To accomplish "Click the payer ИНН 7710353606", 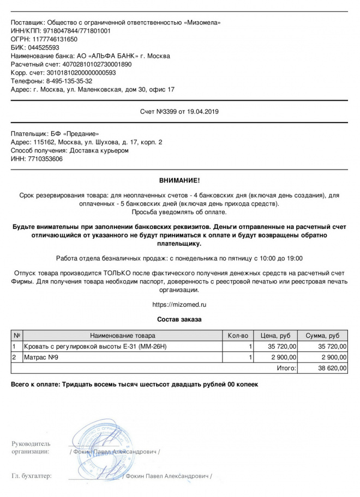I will pyautogui.click(x=44, y=159).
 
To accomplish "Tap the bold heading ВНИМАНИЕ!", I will pyautogui.click(x=179, y=180).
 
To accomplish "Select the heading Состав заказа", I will pyautogui.click(x=179, y=319).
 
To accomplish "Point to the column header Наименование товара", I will pyautogui.click(x=123, y=336).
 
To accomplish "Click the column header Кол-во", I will pyautogui.click(x=238, y=336).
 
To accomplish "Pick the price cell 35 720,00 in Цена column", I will pyautogui.click(x=283, y=347).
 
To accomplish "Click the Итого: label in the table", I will pyautogui.click(x=286, y=368).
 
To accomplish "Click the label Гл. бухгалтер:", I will pyautogui.click(x=32, y=476).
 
